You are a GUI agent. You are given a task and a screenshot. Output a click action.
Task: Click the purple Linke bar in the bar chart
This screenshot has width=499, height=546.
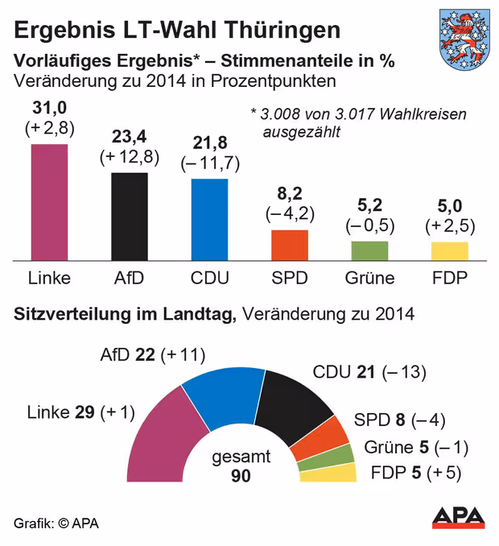click(x=49, y=201)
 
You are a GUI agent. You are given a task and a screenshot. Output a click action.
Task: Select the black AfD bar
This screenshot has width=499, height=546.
click(x=129, y=216)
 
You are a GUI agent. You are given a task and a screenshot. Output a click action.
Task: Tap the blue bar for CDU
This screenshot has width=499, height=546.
click(x=209, y=219)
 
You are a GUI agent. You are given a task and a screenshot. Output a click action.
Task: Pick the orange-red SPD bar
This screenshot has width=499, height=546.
click(x=290, y=245)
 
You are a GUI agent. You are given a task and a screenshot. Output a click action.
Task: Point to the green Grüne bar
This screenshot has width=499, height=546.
click(x=369, y=250)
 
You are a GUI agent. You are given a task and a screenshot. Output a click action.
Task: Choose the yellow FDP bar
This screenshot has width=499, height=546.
click(x=449, y=250)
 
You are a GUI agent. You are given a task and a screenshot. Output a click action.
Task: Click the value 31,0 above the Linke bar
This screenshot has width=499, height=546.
click(x=49, y=108)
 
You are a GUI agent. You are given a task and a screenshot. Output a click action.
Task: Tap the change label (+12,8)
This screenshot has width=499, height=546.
click(x=129, y=156)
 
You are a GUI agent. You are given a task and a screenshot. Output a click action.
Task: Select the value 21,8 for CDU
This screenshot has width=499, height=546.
click(x=209, y=143)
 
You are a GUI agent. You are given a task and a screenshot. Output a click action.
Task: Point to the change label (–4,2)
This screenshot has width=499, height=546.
click(x=290, y=214)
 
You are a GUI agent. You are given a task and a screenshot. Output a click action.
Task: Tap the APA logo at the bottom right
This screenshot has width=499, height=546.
click(x=461, y=518)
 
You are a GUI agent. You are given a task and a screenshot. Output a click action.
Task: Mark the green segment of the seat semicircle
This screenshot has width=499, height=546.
click(x=325, y=456)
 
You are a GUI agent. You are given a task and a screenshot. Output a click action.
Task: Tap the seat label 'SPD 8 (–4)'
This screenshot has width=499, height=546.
click(x=399, y=420)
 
